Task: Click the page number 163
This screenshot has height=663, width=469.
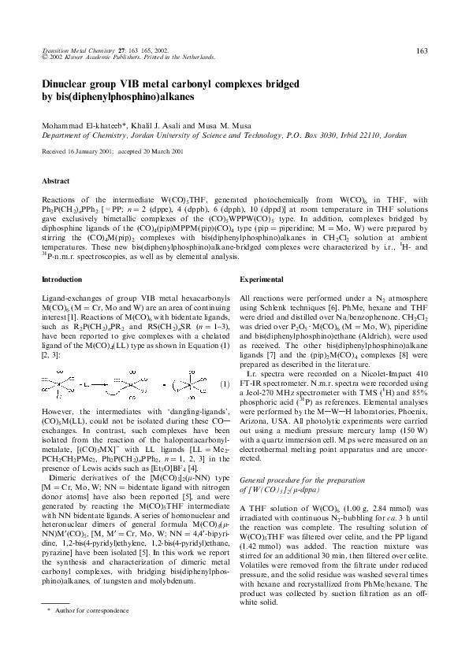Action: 421,51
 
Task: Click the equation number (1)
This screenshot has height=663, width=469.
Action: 225,384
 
